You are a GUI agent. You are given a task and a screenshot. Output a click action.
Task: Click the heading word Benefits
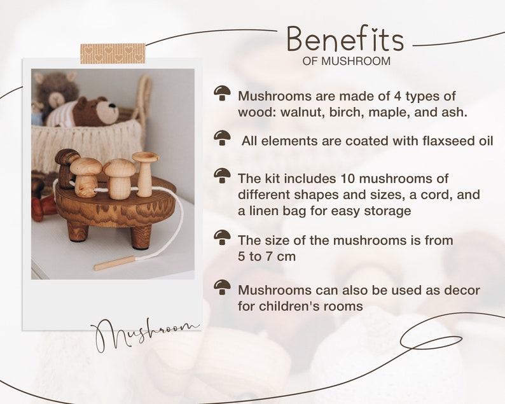(x=345, y=39)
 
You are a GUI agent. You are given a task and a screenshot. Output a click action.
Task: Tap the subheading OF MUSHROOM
(x=347, y=61)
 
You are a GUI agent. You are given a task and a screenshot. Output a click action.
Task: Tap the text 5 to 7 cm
(x=266, y=256)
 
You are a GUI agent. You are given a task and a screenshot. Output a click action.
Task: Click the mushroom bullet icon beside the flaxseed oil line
(x=222, y=138)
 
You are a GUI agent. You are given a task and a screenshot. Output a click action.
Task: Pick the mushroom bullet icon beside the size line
(x=222, y=237)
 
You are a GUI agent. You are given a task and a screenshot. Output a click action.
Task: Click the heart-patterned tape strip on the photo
(x=113, y=53)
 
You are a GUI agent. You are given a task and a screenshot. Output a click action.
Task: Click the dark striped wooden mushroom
(x=67, y=168)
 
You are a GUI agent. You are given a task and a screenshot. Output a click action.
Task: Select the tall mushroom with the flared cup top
(x=145, y=174)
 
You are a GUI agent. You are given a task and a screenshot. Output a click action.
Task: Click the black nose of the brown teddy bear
(x=112, y=106)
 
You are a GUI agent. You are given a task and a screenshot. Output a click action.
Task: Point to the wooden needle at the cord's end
(x=114, y=263)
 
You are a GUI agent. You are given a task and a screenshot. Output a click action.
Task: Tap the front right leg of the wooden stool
(x=141, y=237)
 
